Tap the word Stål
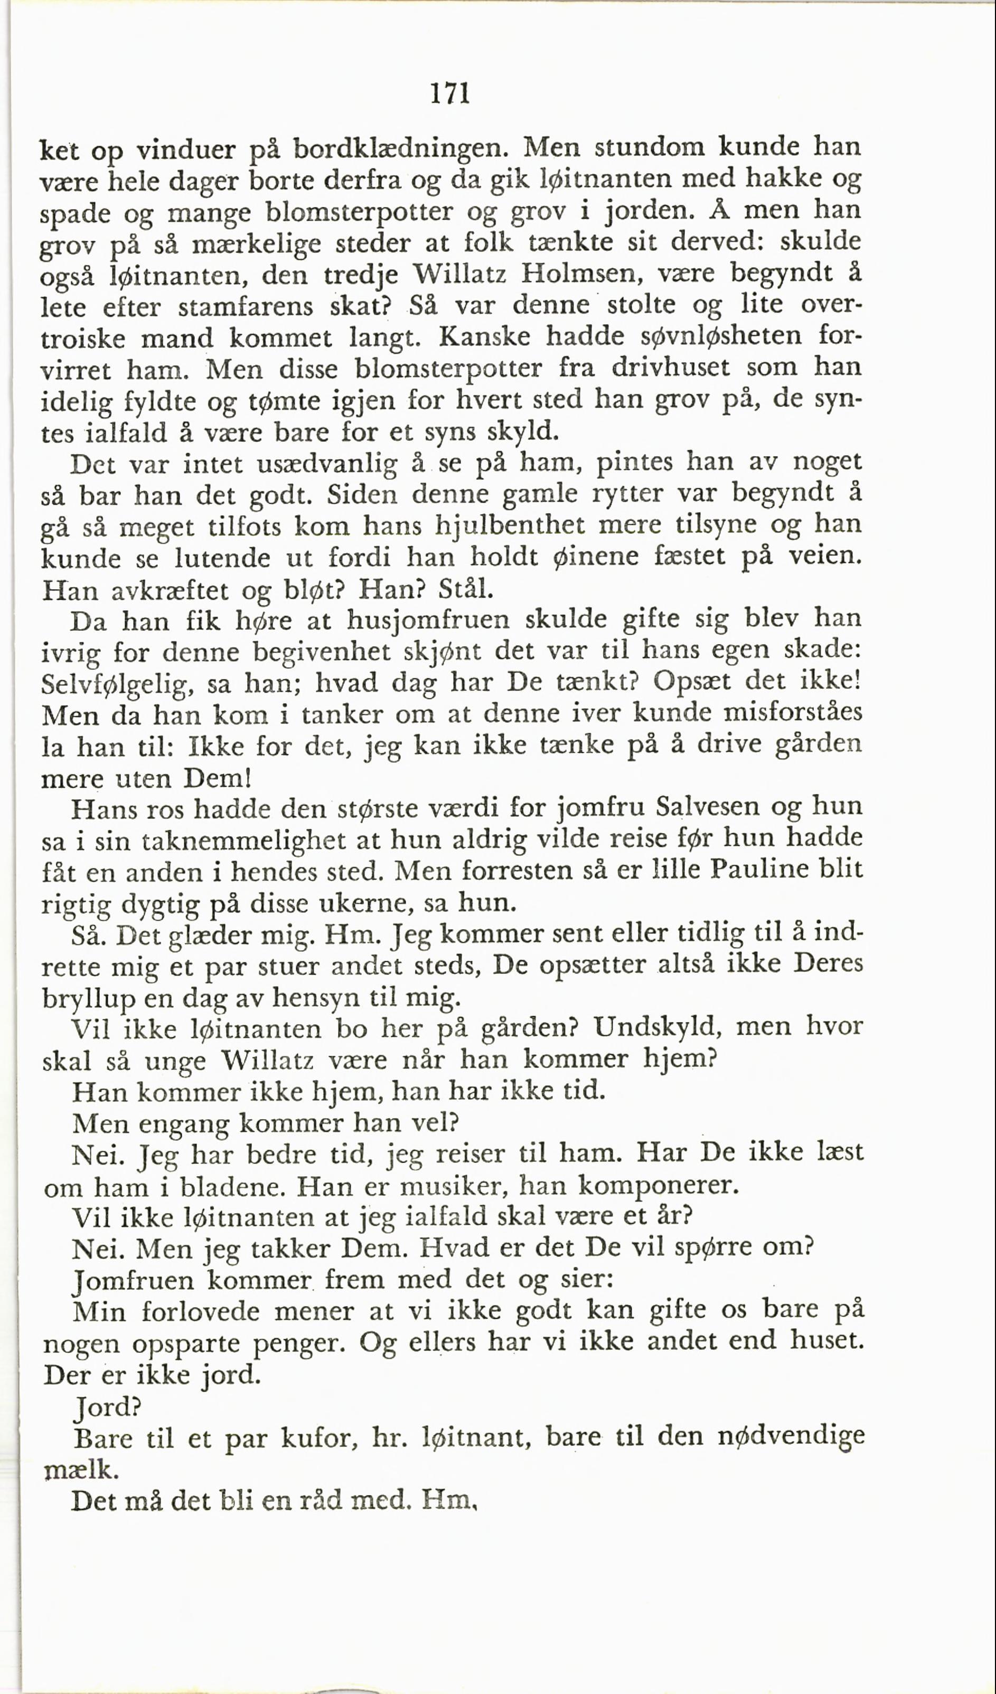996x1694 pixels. tap(465, 590)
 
